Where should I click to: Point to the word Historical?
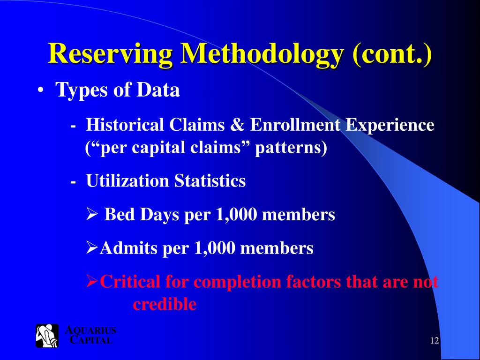click(x=125, y=125)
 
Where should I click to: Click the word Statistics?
click(x=210, y=181)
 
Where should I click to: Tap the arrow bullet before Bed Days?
click(x=91, y=215)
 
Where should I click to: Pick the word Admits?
click(x=129, y=248)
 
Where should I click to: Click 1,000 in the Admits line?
click(x=215, y=248)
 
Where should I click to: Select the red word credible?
click(x=164, y=305)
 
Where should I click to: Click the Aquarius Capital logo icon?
click(x=47, y=336)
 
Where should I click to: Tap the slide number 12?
click(x=434, y=340)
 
